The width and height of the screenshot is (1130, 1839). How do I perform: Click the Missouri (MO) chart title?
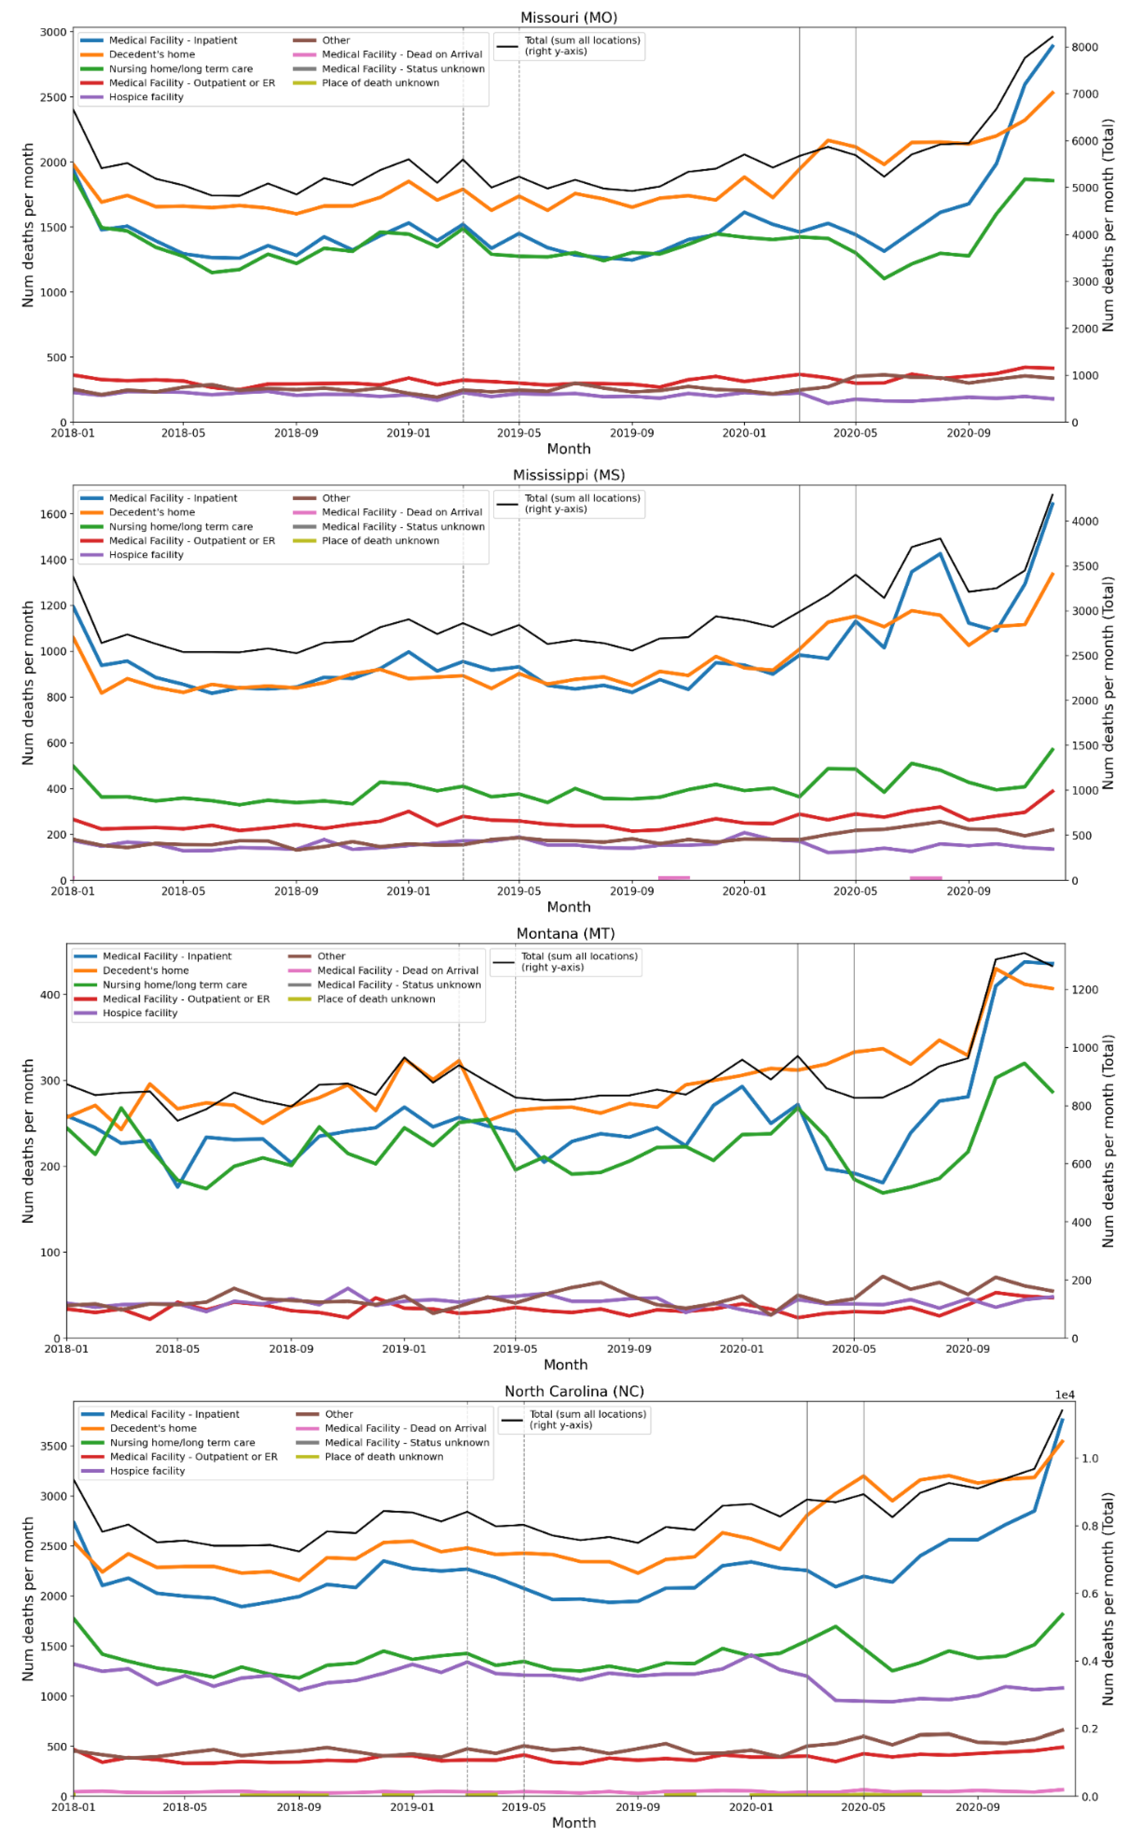click(568, 17)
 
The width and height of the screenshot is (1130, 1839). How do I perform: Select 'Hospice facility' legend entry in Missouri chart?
click(146, 97)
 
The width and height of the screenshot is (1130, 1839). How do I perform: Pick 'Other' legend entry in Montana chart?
click(331, 956)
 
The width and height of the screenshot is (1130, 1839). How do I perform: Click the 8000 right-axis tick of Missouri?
click(1085, 47)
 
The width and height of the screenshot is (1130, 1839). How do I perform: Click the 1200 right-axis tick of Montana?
click(1085, 990)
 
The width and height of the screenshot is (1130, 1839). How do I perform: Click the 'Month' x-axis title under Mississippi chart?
click(568, 907)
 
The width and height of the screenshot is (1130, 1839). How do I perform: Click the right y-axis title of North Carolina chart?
click(1107, 1598)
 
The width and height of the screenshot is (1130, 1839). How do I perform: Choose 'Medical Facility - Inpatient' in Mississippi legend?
click(173, 498)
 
